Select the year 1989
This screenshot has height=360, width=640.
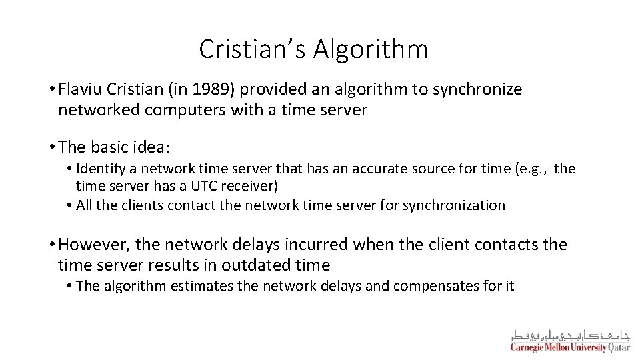point(190,89)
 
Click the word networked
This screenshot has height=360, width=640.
point(99,110)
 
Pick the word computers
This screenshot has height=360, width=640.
point(191,110)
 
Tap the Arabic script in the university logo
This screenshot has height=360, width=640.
point(570,334)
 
